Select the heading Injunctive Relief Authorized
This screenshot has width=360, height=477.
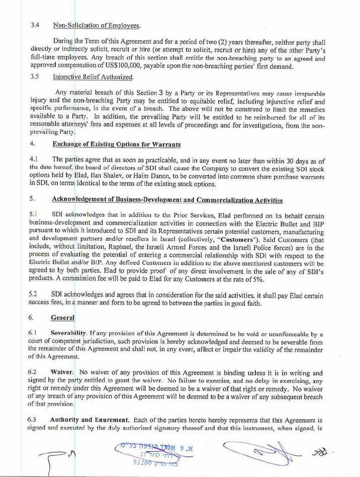coord(93,77)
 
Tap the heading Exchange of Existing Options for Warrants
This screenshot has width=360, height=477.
coord(116,144)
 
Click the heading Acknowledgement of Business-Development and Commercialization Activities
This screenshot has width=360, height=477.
coord(167,200)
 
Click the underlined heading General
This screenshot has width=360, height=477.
coord(63,318)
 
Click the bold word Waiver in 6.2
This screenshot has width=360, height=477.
coord(62,373)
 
